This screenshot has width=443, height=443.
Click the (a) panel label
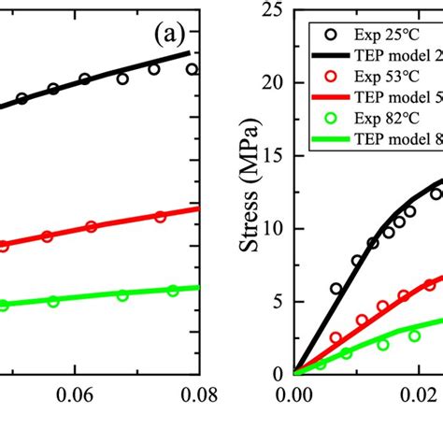coord(173,38)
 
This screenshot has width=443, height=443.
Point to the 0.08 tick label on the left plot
coord(199,395)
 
